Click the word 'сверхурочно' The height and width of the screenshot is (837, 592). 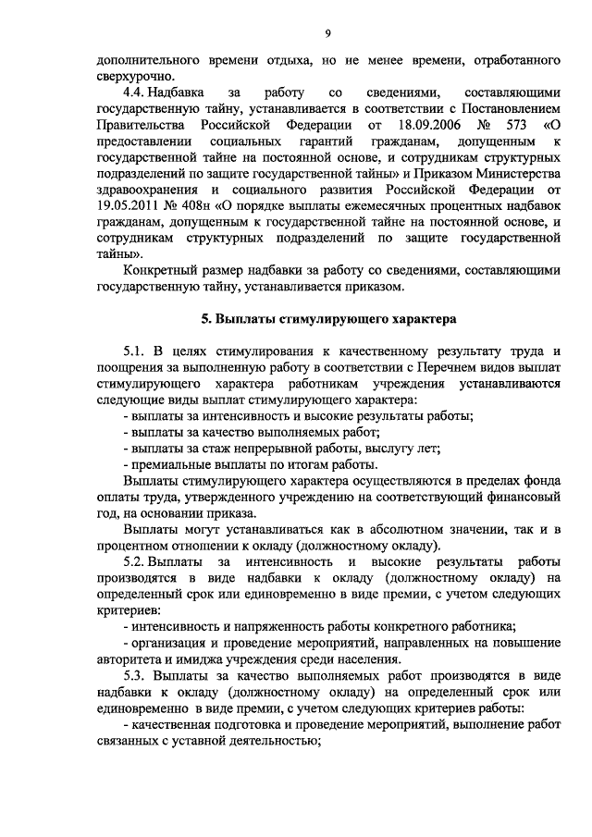pyautogui.click(x=134, y=77)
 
